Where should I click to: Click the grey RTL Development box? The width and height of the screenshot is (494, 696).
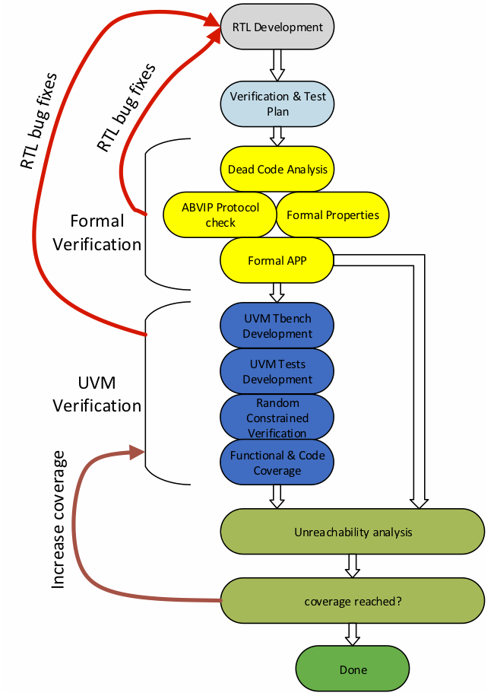click(277, 27)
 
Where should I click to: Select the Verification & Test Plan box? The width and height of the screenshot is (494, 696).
click(277, 104)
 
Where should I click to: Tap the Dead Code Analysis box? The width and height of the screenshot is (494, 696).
click(277, 169)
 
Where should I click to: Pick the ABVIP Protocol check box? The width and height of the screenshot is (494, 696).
click(220, 215)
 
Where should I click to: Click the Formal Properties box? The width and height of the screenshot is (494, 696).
click(333, 215)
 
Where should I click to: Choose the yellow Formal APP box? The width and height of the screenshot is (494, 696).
click(277, 260)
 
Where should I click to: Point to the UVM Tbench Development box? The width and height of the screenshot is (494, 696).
click(277, 326)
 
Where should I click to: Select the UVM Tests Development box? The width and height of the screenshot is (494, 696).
click(277, 371)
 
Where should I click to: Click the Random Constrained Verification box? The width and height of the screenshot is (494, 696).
click(277, 417)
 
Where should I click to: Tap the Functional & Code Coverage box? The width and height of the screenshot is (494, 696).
click(277, 462)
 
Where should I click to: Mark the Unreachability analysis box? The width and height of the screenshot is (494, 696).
click(353, 532)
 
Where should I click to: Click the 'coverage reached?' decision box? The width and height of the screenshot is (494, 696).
click(353, 601)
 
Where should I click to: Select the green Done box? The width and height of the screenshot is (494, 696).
click(353, 669)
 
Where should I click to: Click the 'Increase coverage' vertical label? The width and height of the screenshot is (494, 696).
click(58, 520)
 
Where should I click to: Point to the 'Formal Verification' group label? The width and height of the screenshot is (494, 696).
click(97, 233)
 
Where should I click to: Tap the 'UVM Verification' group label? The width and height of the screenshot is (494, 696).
click(97, 394)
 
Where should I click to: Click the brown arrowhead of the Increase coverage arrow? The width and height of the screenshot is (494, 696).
click(137, 453)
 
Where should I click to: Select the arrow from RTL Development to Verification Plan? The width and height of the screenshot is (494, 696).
click(277, 65)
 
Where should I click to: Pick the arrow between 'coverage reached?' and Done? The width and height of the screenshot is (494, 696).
click(353, 634)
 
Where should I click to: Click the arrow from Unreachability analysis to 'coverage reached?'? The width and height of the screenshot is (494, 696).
click(353, 566)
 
